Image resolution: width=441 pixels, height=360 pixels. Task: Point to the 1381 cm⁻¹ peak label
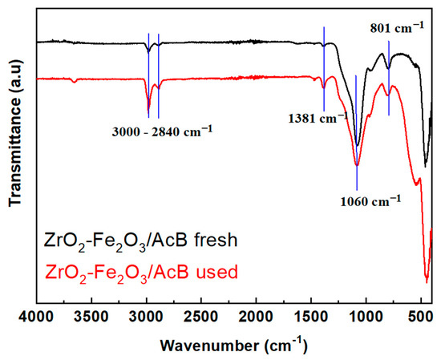(x=315, y=118)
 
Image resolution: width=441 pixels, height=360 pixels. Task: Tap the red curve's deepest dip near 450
(x=427, y=281)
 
